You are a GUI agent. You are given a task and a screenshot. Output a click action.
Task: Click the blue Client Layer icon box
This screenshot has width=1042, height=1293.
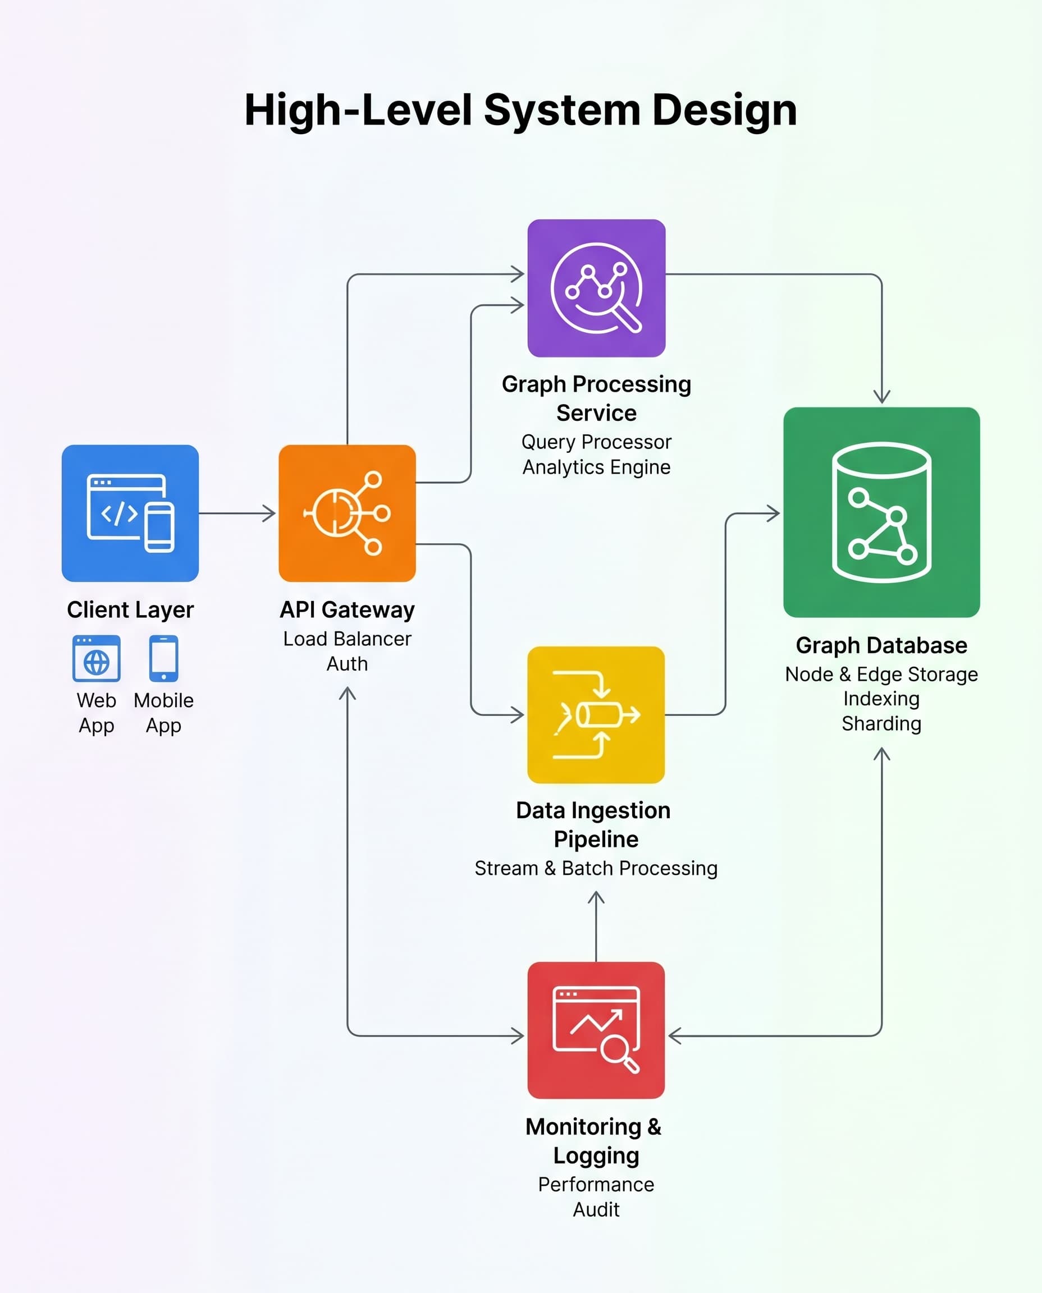pos(130,513)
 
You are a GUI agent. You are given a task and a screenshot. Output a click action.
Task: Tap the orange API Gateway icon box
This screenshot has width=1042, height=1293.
pos(347,513)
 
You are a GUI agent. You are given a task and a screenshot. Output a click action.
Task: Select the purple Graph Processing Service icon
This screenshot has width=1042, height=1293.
pos(596,288)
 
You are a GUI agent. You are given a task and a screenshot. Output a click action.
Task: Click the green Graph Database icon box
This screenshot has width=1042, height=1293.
pos(881,512)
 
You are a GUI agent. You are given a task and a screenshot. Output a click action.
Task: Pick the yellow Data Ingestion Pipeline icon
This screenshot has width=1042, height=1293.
pos(596,714)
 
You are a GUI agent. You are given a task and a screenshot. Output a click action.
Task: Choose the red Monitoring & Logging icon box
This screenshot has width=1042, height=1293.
pos(596,1030)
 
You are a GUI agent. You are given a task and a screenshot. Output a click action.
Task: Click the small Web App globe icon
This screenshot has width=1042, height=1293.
pos(97,658)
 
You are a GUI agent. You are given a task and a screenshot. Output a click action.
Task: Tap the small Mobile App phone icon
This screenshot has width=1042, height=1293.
pos(163,658)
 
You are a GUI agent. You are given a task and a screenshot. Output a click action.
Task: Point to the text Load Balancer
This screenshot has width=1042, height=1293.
pos(347,639)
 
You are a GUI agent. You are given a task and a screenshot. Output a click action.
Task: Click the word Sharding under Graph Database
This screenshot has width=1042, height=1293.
pos(881,723)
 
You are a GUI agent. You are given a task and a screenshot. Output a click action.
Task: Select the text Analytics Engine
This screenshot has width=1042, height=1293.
pos(596,467)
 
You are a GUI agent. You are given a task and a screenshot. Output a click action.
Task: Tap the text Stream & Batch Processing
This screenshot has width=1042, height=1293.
pos(596,868)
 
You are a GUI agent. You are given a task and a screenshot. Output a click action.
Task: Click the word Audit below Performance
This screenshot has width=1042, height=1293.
pos(596,1209)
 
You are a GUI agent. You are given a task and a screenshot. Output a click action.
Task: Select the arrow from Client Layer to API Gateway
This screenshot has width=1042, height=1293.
pos(237,513)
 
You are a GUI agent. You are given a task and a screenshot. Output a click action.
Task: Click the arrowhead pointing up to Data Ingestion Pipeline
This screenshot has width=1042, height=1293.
pos(596,898)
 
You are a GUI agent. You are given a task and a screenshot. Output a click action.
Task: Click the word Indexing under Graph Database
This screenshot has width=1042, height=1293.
pos(881,698)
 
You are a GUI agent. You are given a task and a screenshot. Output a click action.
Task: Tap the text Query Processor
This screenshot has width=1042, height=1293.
pos(596,442)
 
